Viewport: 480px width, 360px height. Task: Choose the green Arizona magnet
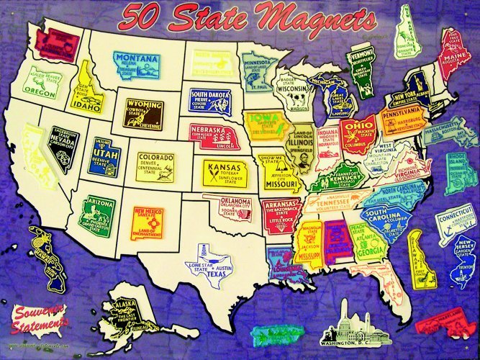(x=96, y=215)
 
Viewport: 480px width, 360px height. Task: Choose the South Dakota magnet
(x=209, y=102)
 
